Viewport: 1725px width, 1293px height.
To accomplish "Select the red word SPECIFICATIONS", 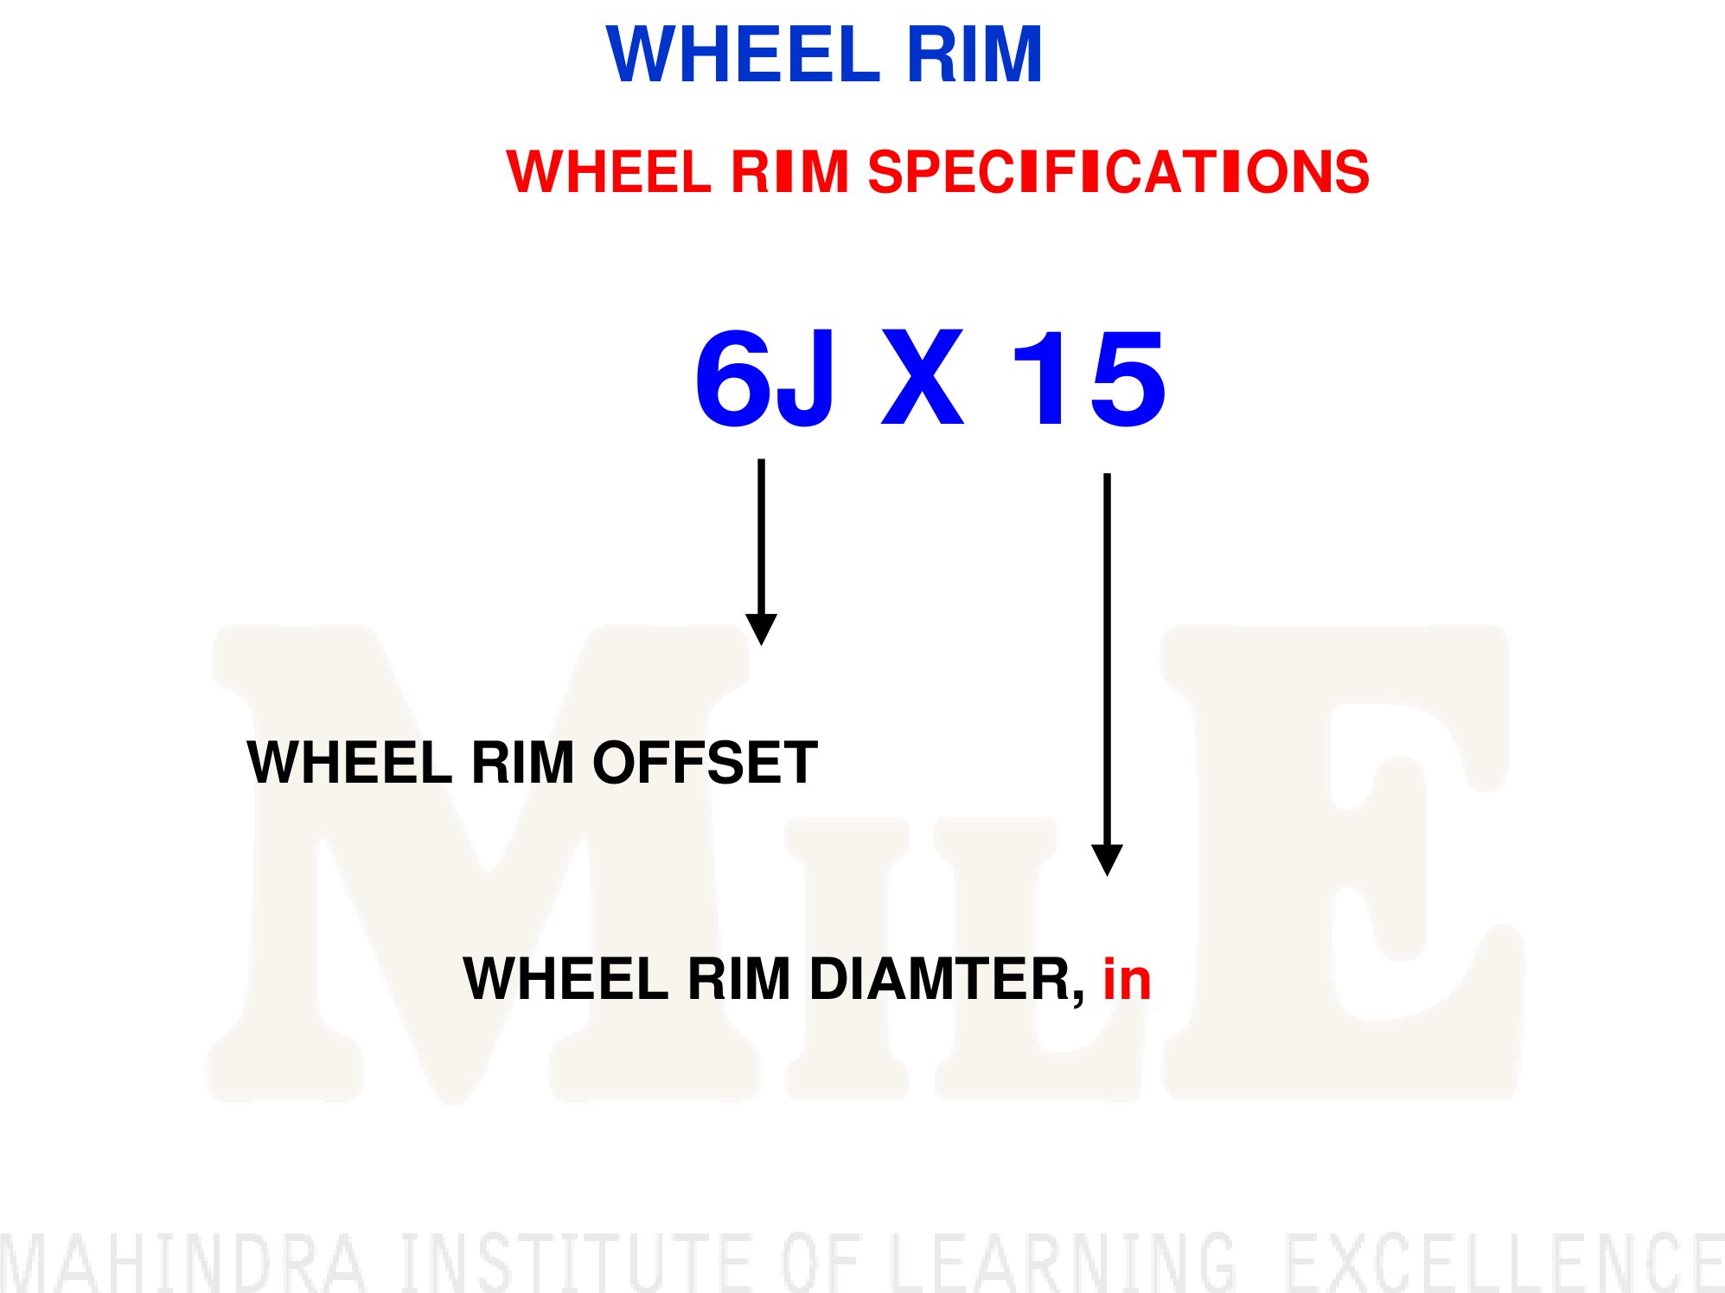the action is tap(1118, 171).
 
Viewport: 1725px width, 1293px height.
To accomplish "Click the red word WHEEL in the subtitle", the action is tap(609, 171).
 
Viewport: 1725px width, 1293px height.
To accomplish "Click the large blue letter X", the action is tap(922, 378).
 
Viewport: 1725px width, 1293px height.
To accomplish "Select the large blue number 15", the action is tap(1089, 379).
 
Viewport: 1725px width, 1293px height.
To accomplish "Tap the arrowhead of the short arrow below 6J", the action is tap(761, 630).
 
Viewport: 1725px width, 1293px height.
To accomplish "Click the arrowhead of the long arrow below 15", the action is tap(1107, 861).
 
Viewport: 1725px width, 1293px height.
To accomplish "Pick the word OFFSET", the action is tap(705, 762).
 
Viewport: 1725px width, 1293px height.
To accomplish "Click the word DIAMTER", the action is tap(947, 980).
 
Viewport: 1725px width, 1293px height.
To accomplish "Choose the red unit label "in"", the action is tap(1127, 979).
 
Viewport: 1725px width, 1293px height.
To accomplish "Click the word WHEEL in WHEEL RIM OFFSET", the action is tap(349, 762).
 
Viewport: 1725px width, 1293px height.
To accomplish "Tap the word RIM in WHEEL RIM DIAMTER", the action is tap(738, 979).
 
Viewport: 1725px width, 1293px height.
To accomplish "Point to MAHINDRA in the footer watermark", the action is tap(183, 1262).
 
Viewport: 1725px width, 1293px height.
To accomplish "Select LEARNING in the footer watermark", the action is tap(1064, 1262).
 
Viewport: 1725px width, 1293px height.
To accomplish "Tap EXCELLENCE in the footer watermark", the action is tap(1505, 1262).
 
